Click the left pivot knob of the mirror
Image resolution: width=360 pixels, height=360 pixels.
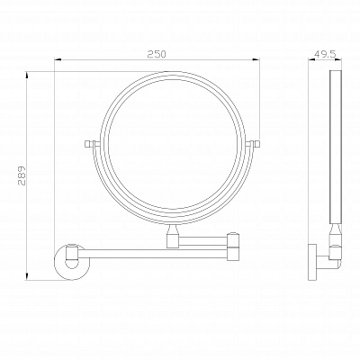click(x=88, y=145)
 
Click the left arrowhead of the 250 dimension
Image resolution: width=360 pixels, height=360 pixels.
click(x=58, y=62)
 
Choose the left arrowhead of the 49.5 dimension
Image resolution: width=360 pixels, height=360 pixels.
click(x=311, y=62)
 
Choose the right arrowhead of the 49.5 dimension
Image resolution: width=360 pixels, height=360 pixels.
click(x=342, y=62)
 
